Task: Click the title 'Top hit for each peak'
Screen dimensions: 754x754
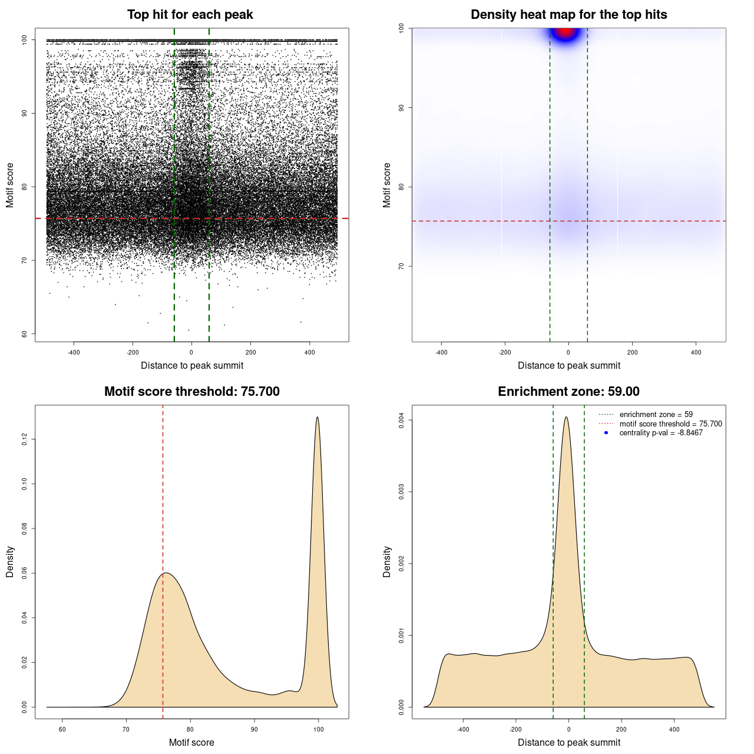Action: click(190, 15)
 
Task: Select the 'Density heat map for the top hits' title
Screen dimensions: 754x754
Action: click(568, 15)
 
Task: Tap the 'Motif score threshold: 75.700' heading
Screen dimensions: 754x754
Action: click(191, 392)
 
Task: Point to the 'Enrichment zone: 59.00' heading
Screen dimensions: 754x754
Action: click(568, 392)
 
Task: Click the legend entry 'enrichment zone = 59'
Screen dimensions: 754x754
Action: click(656, 415)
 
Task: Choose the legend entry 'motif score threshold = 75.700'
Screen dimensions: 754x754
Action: click(670, 424)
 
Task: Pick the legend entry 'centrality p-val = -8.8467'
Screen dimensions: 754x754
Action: click(661, 433)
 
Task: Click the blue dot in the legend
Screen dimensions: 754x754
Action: click(606, 433)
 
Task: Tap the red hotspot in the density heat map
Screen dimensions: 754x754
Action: click(565, 31)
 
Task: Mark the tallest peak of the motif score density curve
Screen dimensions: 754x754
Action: click(318, 418)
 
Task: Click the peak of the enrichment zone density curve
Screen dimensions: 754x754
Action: click(566, 418)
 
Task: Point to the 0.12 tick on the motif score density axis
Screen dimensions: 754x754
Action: click(25, 439)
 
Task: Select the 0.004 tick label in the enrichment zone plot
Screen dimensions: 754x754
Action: click(402, 420)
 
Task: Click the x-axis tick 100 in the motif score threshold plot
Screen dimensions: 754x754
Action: click(318, 729)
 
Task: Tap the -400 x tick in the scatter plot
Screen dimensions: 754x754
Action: click(74, 352)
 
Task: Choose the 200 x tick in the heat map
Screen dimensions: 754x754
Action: click(632, 352)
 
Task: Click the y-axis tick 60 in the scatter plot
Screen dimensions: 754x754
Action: click(25, 334)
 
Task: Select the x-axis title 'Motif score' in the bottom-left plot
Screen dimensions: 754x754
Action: click(191, 742)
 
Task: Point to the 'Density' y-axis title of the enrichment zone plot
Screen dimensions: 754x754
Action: click(387, 561)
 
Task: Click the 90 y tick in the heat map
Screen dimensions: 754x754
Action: click(402, 108)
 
